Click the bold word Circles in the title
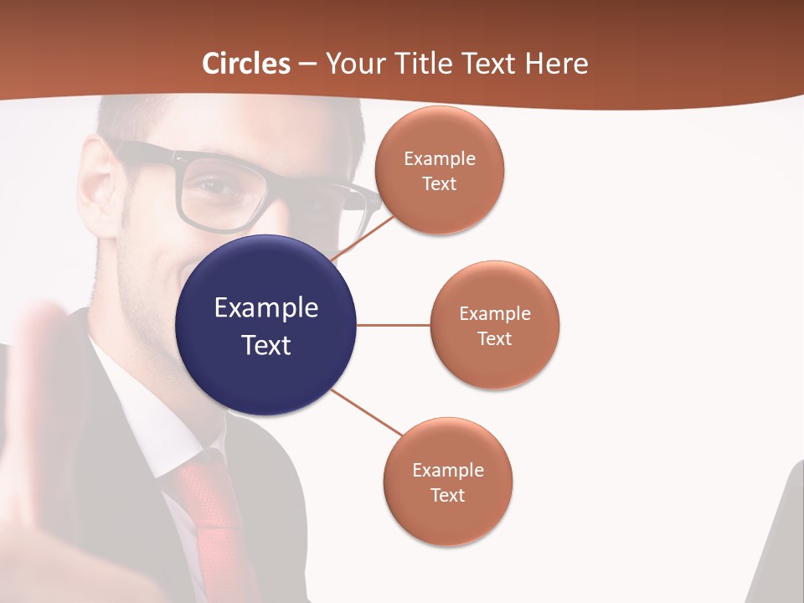[x=246, y=64]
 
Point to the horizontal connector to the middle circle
[x=393, y=325]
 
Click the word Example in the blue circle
[x=266, y=308]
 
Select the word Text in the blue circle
[x=266, y=345]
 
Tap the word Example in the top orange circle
[x=439, y=159]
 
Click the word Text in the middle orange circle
[x=494, y=339]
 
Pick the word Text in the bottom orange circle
[x=447, y=496]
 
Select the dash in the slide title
[x=307, y=64]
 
